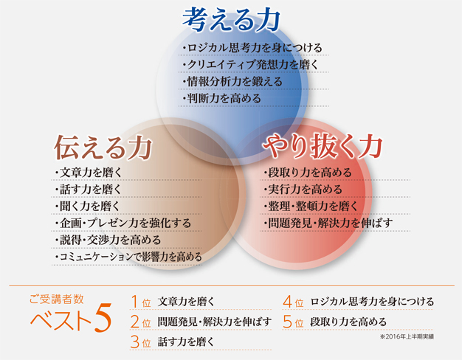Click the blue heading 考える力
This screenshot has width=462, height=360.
point(231,19)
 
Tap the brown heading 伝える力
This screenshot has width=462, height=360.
point(103,147)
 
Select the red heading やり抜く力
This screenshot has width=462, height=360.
point(323,146)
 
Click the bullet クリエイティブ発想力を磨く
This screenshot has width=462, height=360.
point(250,64)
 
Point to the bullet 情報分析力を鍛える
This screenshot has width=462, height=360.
point(232,82)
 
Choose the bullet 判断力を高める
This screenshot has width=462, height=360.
point(221,98)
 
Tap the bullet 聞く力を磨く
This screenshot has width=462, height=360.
point(87,207)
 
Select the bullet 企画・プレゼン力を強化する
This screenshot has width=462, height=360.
point(123,224)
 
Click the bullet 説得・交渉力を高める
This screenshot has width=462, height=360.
point(108,240)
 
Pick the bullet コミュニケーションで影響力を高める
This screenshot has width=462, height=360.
point(128,257)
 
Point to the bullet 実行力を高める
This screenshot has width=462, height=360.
point(303,189)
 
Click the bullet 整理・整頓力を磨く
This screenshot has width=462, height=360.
point(310,207)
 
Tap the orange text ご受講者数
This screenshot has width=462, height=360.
point(57,300)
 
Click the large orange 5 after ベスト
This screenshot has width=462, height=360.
point(103,318)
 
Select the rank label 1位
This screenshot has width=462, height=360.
point(141,302)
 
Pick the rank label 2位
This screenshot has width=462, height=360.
point(141,322)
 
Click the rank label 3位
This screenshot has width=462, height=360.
point(141,342)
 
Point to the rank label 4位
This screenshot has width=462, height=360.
point(293,302)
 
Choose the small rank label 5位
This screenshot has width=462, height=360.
point(293,322)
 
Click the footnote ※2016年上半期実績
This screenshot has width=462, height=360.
point(407,336)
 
